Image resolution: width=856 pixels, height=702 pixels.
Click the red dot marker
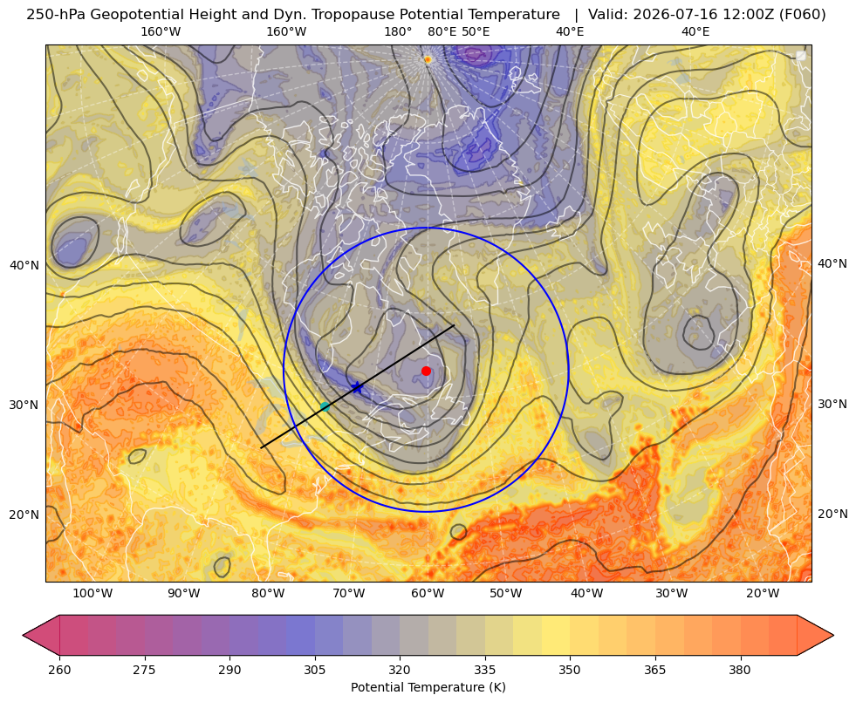[x=427, y=371]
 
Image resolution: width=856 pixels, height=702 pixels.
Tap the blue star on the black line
[x=358, y=387]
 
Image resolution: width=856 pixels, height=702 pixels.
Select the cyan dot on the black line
[x=325, y=406]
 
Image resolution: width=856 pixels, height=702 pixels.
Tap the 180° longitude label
[x=398, y=32]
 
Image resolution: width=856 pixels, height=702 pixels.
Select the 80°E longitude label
[x=442, y=32]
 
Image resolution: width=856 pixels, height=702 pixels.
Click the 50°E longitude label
[x=476, y=32]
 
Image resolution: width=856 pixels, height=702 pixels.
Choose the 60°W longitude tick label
[x=428, y=594]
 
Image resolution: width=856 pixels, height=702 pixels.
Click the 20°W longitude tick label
[x=762, y=594]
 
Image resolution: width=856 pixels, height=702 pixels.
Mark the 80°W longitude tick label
[x=268, y=594]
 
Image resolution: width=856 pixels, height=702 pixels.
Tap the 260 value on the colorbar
[x=59, y=670]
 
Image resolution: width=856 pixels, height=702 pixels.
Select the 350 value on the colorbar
[x=570, y=670]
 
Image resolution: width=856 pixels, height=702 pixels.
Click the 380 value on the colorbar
[x=740, y=670]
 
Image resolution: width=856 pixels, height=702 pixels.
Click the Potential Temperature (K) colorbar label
[x=428, y=687]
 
